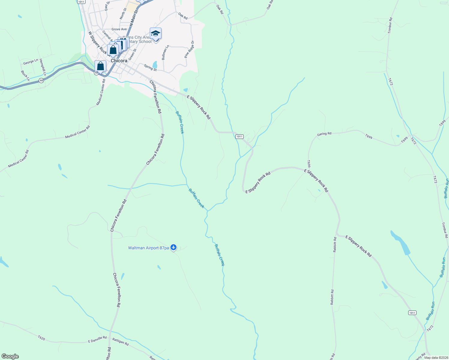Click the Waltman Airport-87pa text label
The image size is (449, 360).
(148, 248)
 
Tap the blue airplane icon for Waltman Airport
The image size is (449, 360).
(173, 247)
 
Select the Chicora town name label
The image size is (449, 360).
(119, 61)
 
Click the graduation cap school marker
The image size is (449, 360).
(155, 34)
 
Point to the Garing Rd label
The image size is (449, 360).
(324, 134)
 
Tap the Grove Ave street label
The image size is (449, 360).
(119, 29)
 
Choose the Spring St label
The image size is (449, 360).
(150, 68)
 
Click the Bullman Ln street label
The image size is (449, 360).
(165, 52)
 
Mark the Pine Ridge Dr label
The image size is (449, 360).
(189, 49)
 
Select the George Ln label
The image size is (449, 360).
(31, 62)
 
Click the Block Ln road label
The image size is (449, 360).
(25, 76)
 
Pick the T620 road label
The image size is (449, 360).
(41, 338)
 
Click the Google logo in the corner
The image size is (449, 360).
(10, 356)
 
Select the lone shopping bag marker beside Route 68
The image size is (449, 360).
(100, 66)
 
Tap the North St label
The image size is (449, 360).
(123, 14)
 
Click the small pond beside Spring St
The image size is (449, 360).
(155, 64)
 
